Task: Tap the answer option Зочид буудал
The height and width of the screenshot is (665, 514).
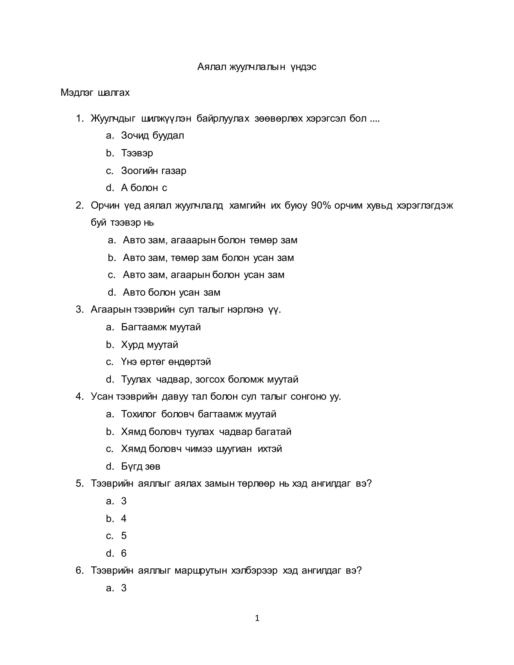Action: pos(152,136)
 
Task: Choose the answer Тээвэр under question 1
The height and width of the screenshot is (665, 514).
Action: pos(137,153)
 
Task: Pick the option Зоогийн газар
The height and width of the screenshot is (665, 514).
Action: pos(153,170)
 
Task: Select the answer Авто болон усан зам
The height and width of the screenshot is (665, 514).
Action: pos(171,292)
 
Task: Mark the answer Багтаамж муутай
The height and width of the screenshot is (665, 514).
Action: pos(161,327)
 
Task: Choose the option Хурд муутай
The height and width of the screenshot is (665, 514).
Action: pos(150,345)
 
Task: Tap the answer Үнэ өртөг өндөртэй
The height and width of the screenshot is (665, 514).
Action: pos(166,362)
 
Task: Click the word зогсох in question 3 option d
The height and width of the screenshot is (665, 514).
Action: pos(210,379)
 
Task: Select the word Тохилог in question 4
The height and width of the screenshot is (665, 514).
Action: pos(139,414)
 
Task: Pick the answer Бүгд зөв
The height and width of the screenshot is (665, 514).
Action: pos(141,466)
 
